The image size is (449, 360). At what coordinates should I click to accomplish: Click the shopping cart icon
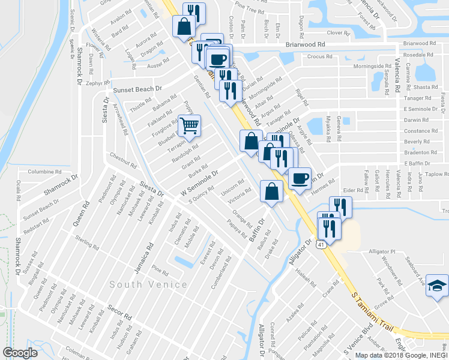click(x=190, y=126)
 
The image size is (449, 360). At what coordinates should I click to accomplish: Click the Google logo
click(x=20, y=353)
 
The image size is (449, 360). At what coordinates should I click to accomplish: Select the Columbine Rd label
click(x=45, y=172)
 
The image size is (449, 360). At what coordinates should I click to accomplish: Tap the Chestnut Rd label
click(x=124, y=160)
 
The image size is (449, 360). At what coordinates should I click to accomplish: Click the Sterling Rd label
click(x=88, y=242)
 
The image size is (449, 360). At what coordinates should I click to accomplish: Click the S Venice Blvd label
click(x=358, y=341)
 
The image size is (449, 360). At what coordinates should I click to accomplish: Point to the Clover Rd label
click(x=338, y=33)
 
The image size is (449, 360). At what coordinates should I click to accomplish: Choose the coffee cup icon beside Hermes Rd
click(x=300, y=178)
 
